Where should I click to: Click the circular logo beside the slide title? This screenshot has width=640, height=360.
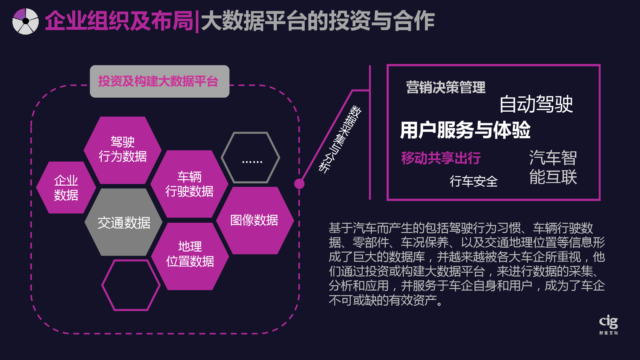tap(26, 21)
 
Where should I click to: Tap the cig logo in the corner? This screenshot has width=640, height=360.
tap(608, 324)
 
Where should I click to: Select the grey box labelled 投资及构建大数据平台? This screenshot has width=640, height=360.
tap(159, 81)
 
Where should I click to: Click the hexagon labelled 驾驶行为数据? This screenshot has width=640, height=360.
tap(123, 150)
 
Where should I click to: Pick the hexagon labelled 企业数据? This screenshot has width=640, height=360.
tap(66, 188)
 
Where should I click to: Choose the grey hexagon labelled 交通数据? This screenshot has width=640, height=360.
tap(124, 222)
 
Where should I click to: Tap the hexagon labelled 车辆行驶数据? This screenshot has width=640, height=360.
tap(189, 184)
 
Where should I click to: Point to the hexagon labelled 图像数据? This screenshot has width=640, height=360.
tap(255, 220)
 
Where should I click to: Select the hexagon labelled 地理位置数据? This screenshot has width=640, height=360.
tap(190, 256)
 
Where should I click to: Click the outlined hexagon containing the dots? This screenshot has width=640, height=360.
tap(251, 157)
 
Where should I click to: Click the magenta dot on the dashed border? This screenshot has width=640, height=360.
tap(299, 184)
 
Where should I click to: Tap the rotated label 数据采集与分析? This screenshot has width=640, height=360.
tap(340, 140)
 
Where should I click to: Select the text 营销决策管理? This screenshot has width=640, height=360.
tap(446, 87)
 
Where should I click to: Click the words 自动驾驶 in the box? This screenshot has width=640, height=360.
tap(536, 104)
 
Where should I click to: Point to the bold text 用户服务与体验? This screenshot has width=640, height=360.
tap(465, 130)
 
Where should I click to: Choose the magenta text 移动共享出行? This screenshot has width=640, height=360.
tap(441, 158)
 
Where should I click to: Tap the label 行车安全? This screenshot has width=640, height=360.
tap(474, 181)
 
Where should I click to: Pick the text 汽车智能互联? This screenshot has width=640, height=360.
tap(553, 167)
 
